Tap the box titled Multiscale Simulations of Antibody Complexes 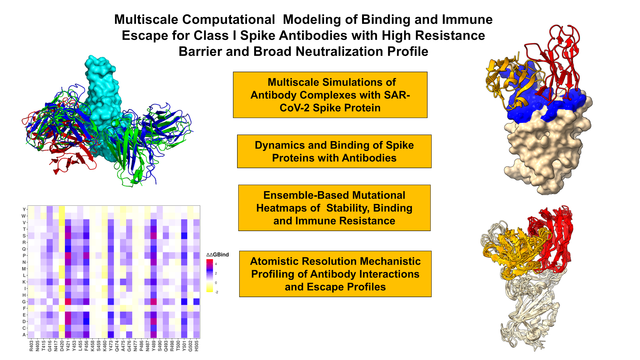point(330,95)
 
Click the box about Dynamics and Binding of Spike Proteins point(334,151)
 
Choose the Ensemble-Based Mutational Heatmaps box point(334,208)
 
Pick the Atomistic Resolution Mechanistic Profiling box point(335,274)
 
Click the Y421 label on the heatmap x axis point(68,346)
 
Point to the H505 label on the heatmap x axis point(197,346)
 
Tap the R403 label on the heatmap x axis point(31,346)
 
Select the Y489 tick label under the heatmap point(154,346)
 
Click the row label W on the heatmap point(24,216)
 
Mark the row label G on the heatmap point(24,302)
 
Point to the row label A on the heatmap point(24,335)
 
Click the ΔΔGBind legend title point(217,255)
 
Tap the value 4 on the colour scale point(216,264)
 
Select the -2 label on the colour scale point(216,292)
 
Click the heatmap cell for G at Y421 point(68,302)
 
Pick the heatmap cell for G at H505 point(197,302)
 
